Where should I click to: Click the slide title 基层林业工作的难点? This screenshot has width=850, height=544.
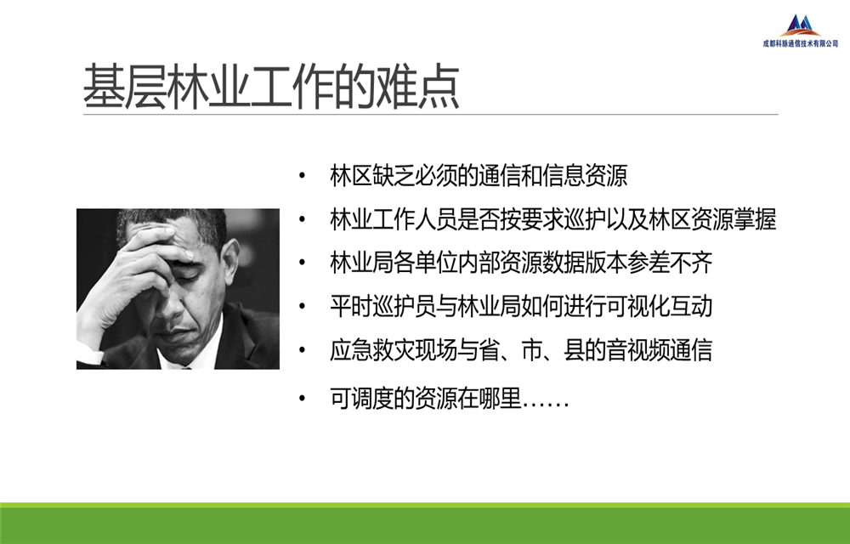(x=271, y=88)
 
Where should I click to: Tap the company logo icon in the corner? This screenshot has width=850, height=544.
(x=801, y=25)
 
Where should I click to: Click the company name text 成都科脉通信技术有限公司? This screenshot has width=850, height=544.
(x=801, y=43)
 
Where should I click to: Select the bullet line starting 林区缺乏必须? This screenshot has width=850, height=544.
(x=478, y=176)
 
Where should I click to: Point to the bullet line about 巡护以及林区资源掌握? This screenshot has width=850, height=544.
(x=553, y=219)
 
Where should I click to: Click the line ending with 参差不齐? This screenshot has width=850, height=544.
(x=521, y=263)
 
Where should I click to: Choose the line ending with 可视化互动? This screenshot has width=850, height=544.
(x=521, y=306)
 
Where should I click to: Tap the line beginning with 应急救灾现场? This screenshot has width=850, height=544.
(x=521, y=350)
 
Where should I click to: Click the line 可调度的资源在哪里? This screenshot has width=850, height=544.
(x=450, y=399)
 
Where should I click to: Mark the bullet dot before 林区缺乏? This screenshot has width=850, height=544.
(x=302, y=176)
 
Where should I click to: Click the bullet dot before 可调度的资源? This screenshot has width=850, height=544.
(x=302, y=399)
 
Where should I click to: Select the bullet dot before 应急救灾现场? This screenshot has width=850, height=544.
(x=302, y=350)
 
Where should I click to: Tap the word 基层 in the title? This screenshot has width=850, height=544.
(x=125, y=88)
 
